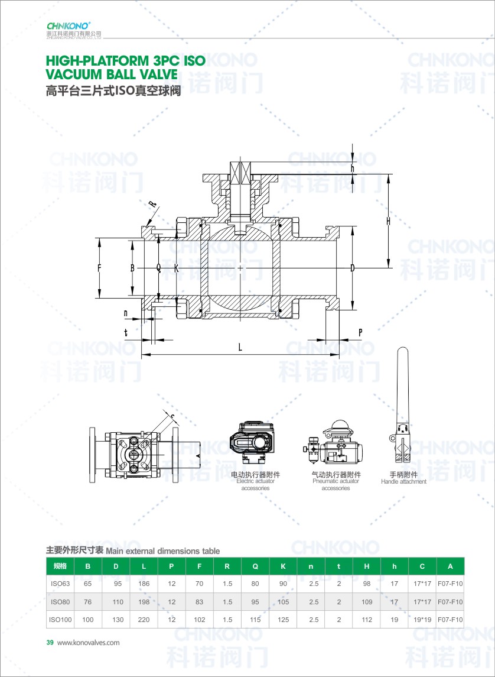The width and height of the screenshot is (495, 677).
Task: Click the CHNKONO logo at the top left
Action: click(x=69, y=25)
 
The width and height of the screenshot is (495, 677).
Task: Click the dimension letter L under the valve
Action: click(x=240, y=348)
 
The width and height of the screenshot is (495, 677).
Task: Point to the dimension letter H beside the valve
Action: click(x=388, y=221)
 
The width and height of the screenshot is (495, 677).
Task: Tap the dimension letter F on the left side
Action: click(x=100, y=268)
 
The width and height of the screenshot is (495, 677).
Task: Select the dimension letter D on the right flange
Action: click(x=352, y=268)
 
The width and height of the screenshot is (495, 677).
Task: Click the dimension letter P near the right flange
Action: click(x=360, y=332)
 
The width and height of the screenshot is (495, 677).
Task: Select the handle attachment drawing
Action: click(x=402, y=405)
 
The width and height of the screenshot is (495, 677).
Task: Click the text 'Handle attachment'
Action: click(x=403, y=481)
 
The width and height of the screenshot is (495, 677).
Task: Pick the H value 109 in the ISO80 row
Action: click(x=366, y=602)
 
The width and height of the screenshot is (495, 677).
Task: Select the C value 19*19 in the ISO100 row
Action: click(x=422, y=620)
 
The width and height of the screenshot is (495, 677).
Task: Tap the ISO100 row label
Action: click(x=60, y=620)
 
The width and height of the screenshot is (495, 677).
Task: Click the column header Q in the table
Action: click(x=255, y=566)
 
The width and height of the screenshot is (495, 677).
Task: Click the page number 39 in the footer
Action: click(x=50, y=643)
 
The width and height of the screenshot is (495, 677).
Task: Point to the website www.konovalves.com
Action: click(x=89, y=643)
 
